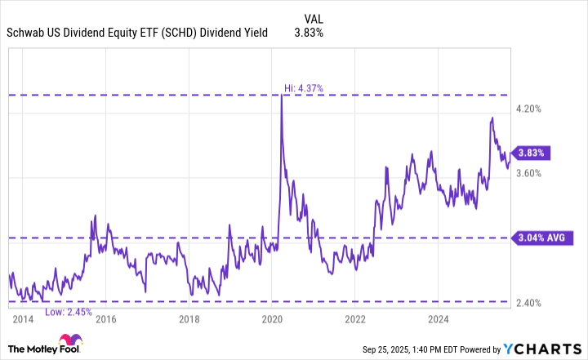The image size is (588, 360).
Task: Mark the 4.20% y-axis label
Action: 530,109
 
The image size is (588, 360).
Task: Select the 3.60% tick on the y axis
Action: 530,173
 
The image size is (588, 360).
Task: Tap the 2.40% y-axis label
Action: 530,303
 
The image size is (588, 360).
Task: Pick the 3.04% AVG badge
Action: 541,238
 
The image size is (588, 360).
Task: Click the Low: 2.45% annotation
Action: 69,312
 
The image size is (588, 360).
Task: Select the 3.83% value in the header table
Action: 309,33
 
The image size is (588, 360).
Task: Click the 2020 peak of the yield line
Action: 282,96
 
